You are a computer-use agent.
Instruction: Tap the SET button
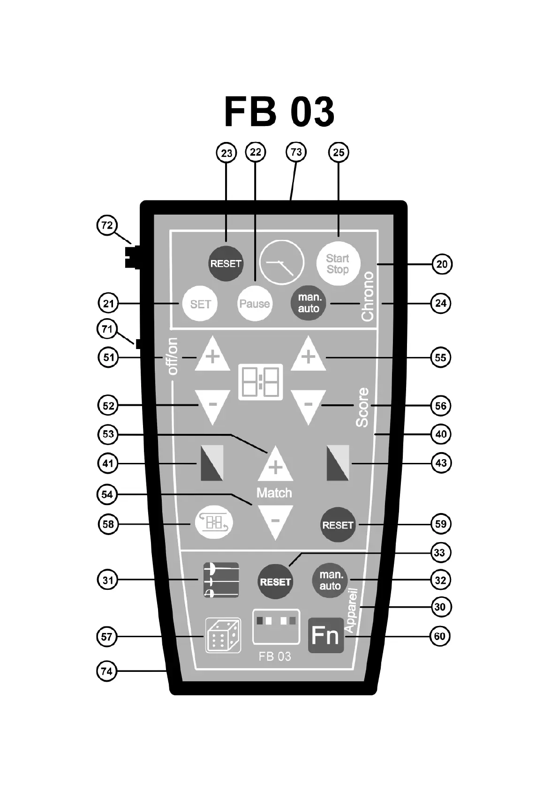click(200, 304)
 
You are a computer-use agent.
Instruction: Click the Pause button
click(255, 304)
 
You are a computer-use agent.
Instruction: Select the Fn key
click(325, 635)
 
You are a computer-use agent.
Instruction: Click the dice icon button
click(223, 635)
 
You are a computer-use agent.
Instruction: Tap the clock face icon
click(282, 262)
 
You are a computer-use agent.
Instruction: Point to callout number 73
click(296, 152)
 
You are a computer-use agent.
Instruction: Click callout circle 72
click(107, 225)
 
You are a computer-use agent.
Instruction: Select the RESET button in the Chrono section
click(226, 263)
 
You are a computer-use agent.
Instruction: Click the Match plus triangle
click(275, 465)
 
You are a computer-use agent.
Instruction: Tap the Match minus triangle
click(275, 520)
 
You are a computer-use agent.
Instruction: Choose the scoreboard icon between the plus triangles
click(261, 381)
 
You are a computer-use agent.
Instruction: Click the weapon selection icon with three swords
click(221, 580)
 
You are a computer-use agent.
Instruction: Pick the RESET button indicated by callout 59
click(338, 525)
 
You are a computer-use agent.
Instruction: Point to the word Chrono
click(368, 296)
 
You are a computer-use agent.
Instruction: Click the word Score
click(362, 407)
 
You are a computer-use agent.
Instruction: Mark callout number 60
click(440, 636)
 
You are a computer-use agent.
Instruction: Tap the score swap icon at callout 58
click(214, 523)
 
